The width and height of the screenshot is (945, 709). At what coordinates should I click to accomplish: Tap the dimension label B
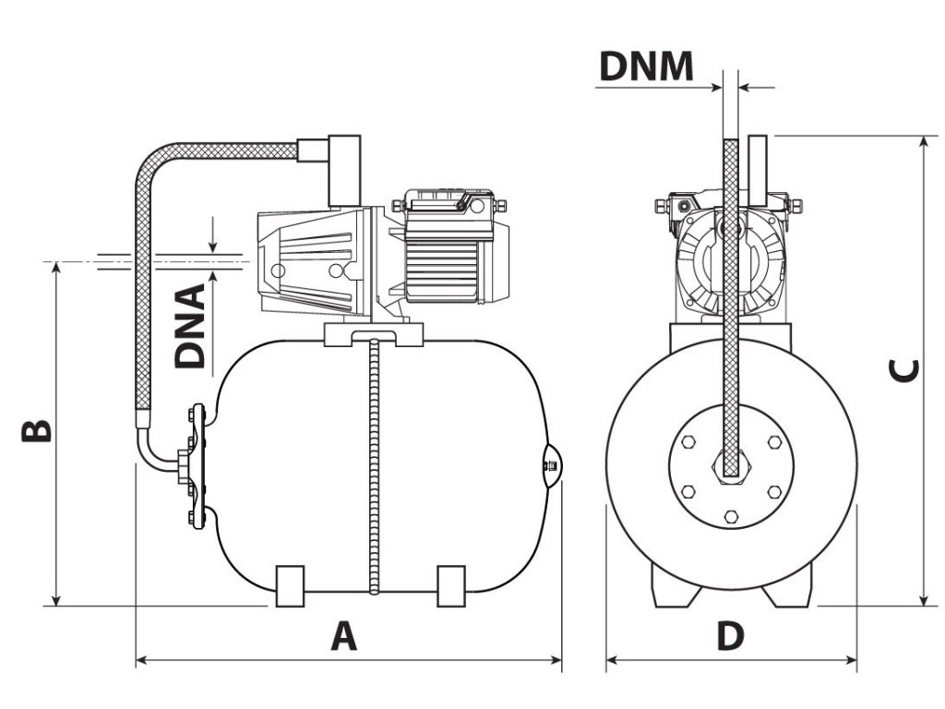coord(36,431)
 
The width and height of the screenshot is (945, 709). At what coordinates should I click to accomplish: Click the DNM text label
coord(646,66)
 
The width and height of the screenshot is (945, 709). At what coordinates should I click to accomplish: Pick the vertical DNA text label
coord(191,327)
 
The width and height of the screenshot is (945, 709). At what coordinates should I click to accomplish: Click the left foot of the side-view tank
coord(290,584)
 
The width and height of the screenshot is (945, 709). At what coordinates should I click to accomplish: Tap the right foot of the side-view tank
coord(451,584)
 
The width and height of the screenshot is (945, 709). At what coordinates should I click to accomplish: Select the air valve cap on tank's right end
coord(549,466)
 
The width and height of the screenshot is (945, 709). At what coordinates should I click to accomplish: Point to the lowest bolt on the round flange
coord(731,514)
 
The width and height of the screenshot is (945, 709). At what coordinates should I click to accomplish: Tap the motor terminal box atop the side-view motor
coord(443,204)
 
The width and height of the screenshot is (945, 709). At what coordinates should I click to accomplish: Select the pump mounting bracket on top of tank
coord(373,334)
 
